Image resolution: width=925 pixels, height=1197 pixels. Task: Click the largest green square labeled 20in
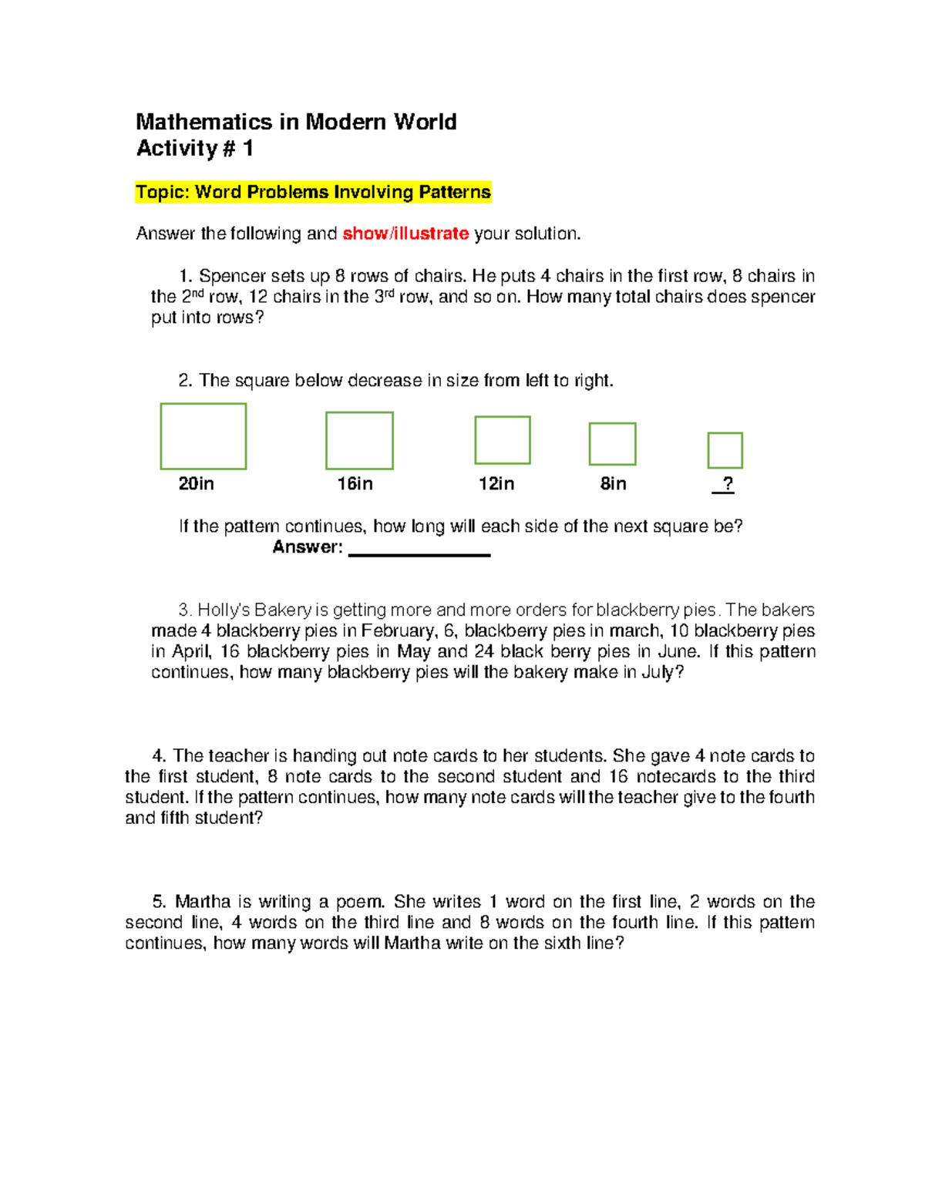(x=203, y=436)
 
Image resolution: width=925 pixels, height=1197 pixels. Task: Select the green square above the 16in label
(x=359, y=441)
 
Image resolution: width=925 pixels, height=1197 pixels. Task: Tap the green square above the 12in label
(x=503, y=440)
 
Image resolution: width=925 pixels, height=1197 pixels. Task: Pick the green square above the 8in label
(x=612, y=444)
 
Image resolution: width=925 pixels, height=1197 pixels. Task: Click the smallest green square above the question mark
(x=725, y=450)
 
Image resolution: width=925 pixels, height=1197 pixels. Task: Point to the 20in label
(x=196, y=484)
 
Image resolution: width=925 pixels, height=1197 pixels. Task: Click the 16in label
(x=355, y=484)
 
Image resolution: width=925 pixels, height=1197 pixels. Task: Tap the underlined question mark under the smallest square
(x=726, y=484)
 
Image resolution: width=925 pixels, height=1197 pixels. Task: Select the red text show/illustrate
(x=405, y=234)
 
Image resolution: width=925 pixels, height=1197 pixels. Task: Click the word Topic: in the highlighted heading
(x=163, y=192)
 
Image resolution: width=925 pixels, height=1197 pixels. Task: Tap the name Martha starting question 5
(x=203, y=902)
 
